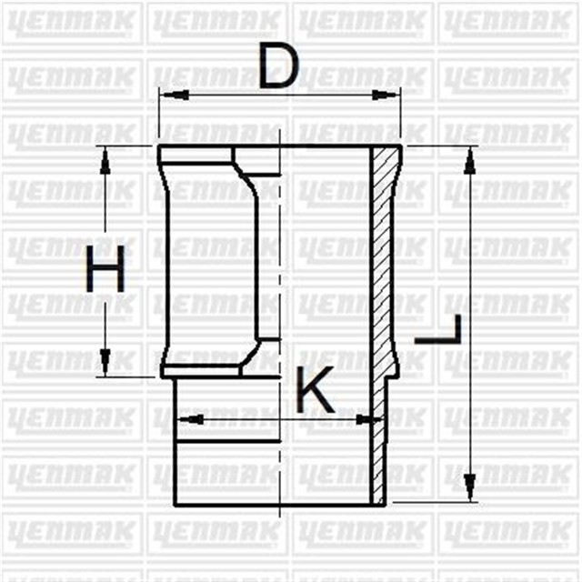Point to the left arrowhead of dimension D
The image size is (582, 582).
[167, 94]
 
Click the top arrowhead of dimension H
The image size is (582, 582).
[105, 157]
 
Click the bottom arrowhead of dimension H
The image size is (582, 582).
[105, 365]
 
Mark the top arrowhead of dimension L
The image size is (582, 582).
[469, 158]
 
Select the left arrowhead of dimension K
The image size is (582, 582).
[184, 419]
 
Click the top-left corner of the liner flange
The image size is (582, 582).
[159, 147]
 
